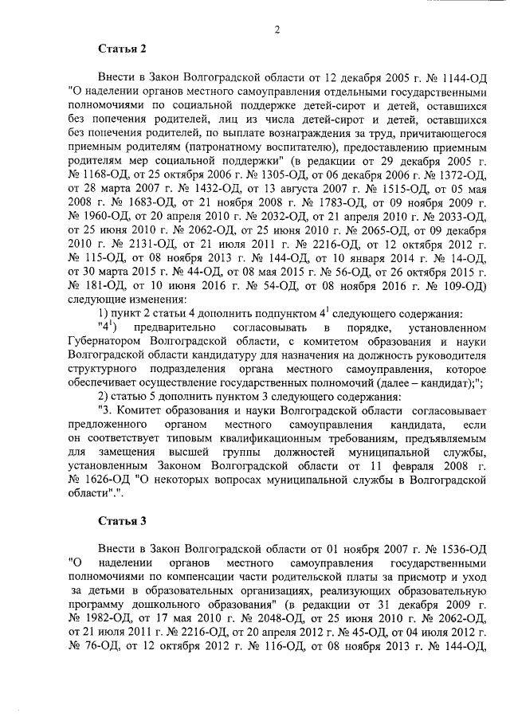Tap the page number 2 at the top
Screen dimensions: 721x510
(277, 29)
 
